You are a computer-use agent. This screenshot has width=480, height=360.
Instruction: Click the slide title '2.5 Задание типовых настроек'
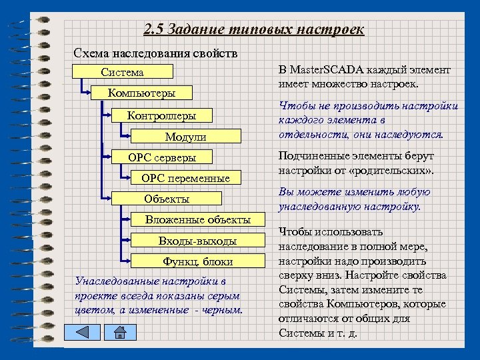click(254, 30)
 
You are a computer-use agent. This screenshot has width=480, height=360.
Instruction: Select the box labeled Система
click(123, 72)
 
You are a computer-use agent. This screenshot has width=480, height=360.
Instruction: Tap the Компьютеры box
click(141, 93)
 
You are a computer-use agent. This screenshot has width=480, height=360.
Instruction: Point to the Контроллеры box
click(162, 116)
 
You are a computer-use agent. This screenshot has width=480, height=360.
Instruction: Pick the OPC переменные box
click(185, 178)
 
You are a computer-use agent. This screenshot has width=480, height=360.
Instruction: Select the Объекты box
click(167, 199)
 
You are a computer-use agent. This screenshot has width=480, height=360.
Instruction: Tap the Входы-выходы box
click(197, 240)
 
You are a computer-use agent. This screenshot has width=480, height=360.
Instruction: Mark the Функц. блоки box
click(197, 261)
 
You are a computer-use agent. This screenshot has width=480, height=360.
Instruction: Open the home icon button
click(119, 333)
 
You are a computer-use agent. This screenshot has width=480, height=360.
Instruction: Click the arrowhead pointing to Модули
click(127, 137)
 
